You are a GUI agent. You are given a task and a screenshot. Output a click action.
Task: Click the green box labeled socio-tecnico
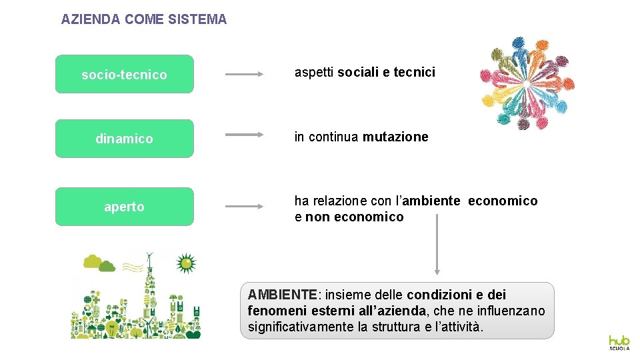(124, 75)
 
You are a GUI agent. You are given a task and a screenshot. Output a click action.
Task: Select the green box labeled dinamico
(124, 139)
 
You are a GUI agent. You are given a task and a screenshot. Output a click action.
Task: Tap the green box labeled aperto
(124, 207)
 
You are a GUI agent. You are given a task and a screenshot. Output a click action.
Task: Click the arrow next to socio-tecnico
(245, 75)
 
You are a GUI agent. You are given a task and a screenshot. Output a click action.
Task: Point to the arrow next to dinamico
(245, 135)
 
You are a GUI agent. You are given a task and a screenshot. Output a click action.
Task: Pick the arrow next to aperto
(245, 207)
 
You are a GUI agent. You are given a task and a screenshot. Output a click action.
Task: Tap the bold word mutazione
(395, 137)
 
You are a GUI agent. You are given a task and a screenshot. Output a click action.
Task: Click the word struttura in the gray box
(395, 327)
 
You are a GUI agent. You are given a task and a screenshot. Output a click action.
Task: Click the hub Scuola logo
(619, 342)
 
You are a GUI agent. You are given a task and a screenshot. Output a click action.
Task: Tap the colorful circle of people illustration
(528, 83)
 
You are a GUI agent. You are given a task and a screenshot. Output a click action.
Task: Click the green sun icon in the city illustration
(186, 264)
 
